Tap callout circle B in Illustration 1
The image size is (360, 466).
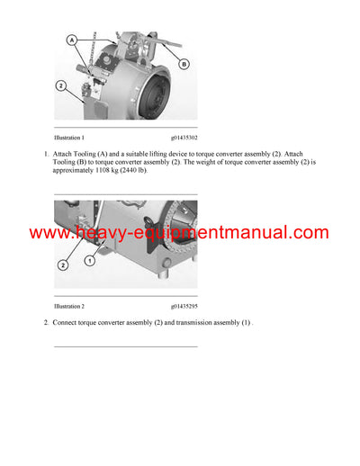(184, 64)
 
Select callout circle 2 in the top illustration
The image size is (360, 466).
(61, 85)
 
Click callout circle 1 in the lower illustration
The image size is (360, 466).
(89, 260)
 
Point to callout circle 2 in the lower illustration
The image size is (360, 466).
(62, 265)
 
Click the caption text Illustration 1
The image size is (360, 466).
(69, 138)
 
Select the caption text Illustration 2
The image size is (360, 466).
(69, 307)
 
